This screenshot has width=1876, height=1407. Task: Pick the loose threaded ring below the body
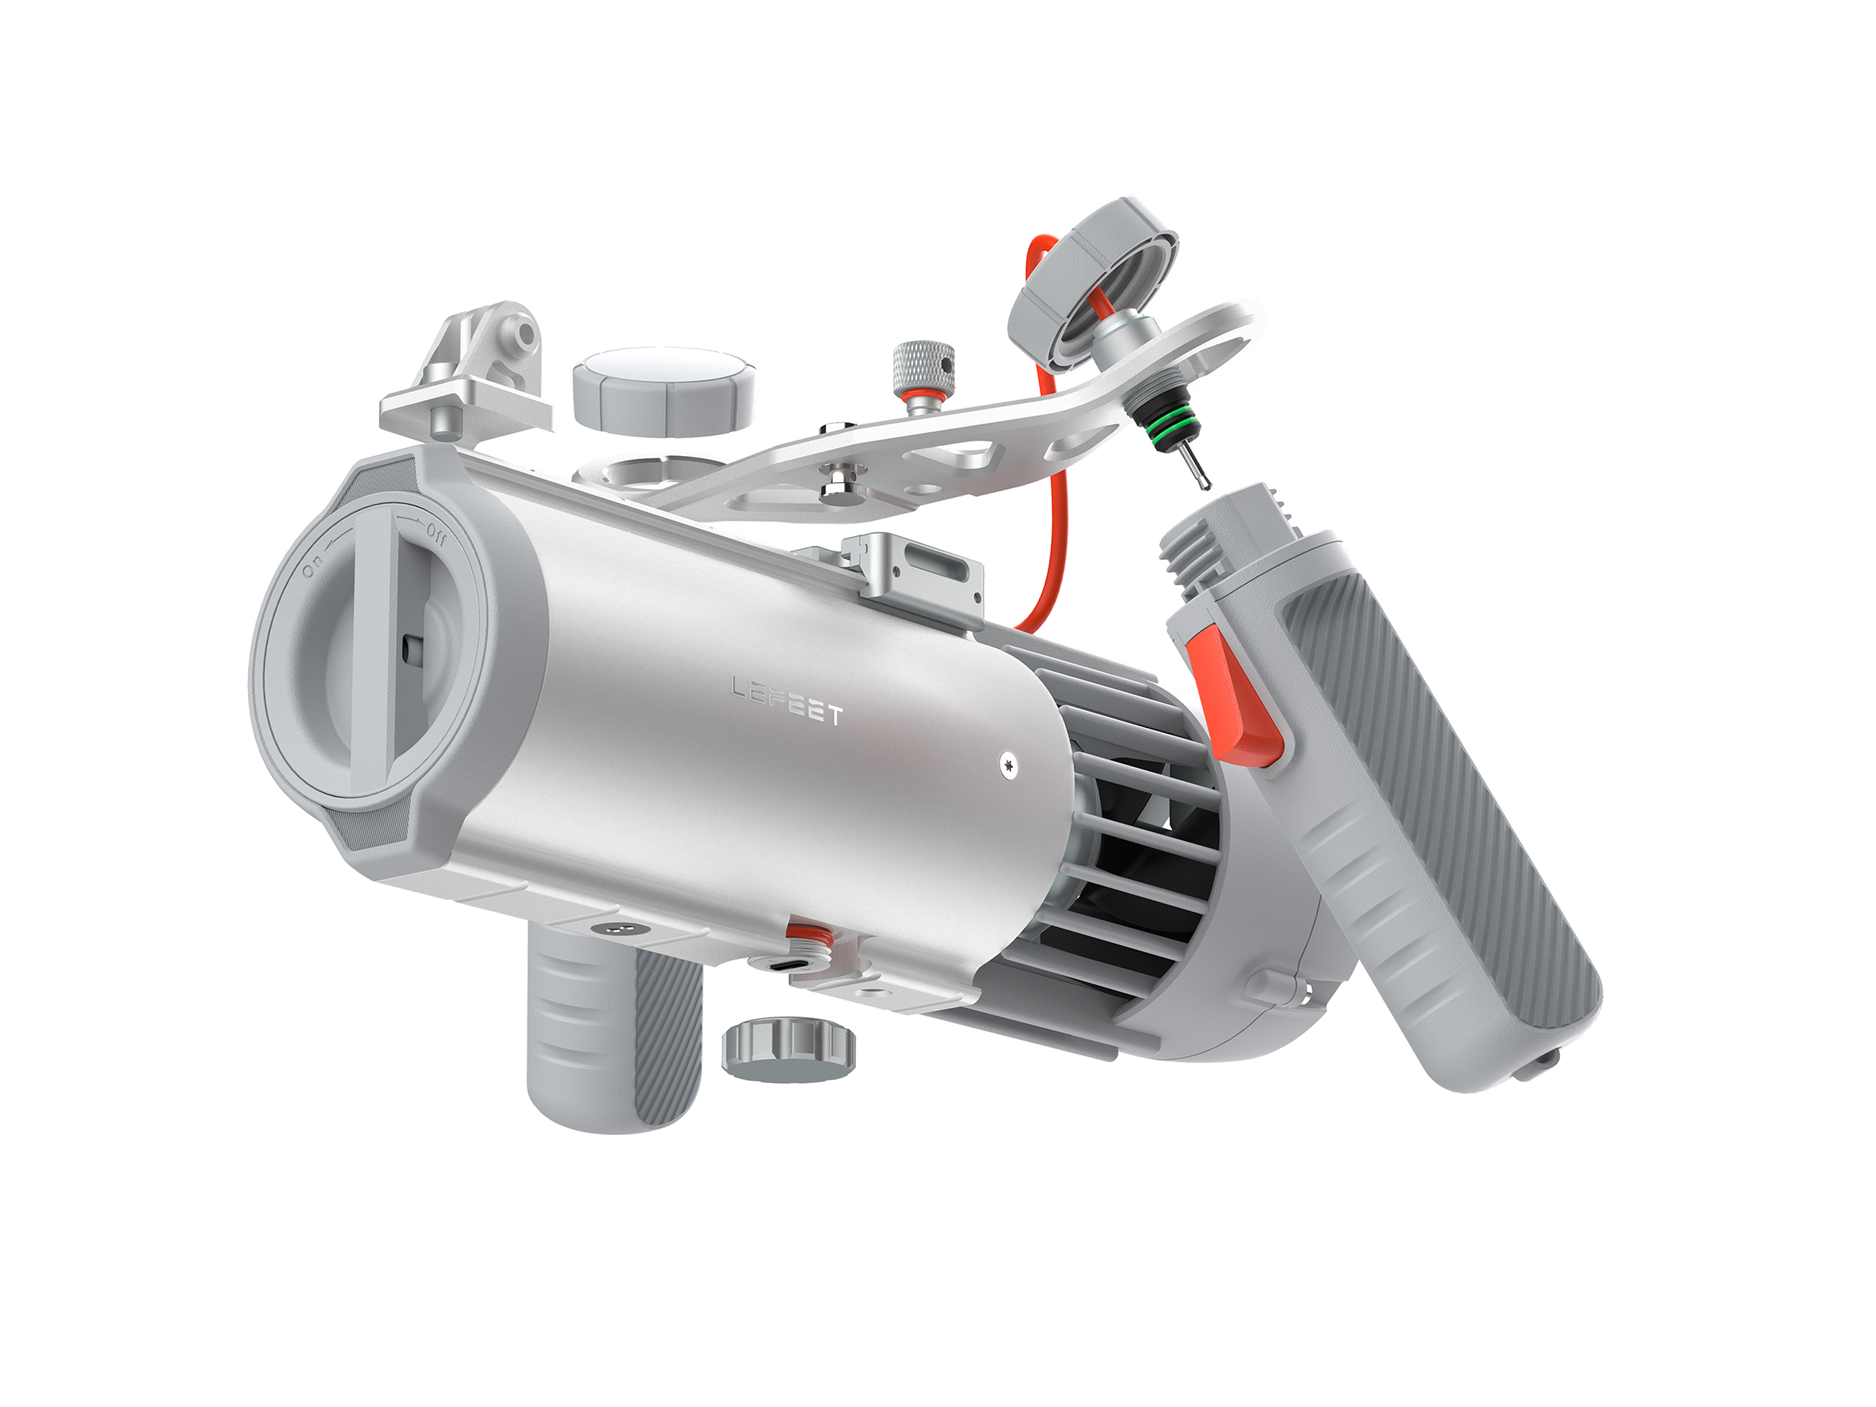pos(788,1052)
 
